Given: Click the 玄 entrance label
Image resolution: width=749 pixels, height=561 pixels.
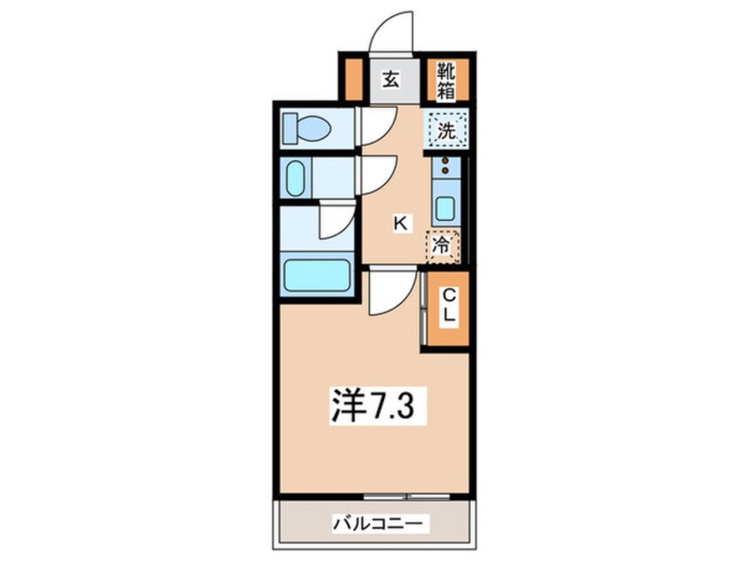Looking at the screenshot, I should coord(390,79).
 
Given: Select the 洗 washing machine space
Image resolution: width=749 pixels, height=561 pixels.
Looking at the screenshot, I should coord(446,131).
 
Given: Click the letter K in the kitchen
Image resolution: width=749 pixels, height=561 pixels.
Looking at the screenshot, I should coord(400,223).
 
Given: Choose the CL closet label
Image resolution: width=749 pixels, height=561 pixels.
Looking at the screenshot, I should coord(448,305).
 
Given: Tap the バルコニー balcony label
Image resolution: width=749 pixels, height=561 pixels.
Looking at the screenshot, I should coord(378,523).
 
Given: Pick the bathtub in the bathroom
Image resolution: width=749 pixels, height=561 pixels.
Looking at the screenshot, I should coord(316,274).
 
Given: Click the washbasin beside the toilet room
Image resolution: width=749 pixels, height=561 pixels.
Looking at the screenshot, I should coord(296,178).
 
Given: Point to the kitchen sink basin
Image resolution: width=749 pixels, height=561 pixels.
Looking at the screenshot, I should coord(444,209).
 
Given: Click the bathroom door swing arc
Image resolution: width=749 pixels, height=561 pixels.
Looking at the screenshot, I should coord(337,221).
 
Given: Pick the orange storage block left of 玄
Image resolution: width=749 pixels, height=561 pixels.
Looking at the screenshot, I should coord(353,79).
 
